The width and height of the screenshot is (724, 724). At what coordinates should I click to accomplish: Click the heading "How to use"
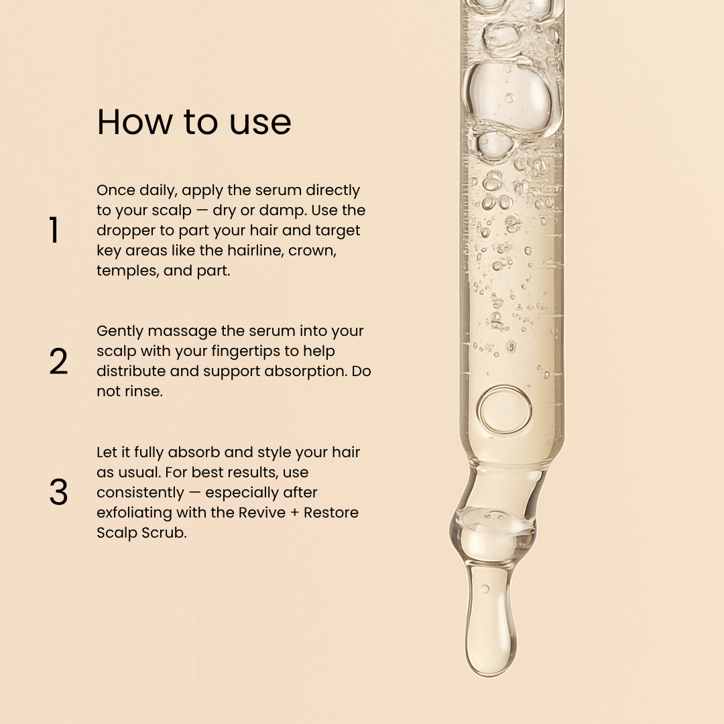tap(194, 122)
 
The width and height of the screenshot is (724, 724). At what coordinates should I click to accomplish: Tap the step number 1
tap(54, 230)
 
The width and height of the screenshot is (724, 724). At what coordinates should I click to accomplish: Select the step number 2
tap(58, 361)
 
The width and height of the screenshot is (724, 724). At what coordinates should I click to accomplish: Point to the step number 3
tap(58, 492)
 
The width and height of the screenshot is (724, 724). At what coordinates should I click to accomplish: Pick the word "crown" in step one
tap(312, 251)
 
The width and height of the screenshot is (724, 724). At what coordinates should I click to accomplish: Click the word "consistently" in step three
tap(140, 493)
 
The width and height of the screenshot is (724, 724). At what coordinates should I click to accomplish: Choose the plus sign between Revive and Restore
tap(294, 513)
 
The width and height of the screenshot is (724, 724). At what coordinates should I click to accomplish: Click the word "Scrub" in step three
tap(164, 532)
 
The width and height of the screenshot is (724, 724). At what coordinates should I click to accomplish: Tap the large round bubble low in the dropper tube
tap(505, 410)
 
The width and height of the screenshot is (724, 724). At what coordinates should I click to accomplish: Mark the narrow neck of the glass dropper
tap(501, 490)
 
